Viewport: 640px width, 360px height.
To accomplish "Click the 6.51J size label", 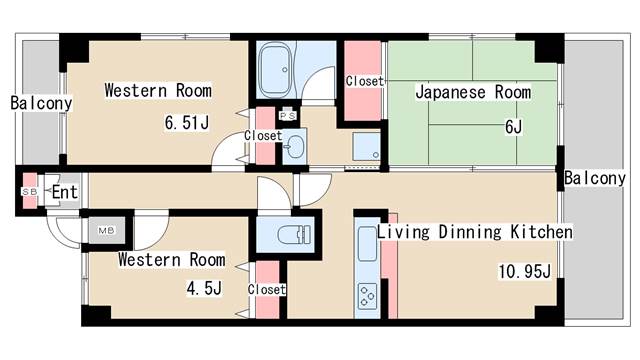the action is point(187,122).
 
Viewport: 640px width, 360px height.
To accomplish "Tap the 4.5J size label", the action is point(204,288).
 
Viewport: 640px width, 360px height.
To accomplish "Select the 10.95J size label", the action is point(524,271).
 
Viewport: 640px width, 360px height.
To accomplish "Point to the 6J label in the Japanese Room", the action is point(513,127).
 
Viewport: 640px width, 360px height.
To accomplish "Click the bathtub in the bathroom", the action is point(276,71).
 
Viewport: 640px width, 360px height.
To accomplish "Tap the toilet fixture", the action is point(294,235).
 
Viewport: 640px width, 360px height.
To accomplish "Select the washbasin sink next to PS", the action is point(294,146).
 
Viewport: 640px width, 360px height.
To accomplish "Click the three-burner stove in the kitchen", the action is point(367,296).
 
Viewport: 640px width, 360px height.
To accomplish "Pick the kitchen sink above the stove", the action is point(367,244).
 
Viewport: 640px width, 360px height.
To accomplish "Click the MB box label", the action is point(106,231).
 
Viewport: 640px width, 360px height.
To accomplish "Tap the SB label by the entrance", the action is point(29,191).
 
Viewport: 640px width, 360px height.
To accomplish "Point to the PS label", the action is point(288,116).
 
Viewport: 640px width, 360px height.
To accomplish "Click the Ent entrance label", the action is point(64,192).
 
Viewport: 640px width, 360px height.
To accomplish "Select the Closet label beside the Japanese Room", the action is point(364,81).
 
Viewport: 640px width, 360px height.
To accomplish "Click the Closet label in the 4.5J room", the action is point(267,289).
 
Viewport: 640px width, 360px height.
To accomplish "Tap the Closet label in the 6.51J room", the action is point(263,136).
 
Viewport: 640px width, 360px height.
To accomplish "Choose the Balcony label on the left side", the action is point(41,103).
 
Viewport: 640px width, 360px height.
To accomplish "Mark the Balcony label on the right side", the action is point(595,178).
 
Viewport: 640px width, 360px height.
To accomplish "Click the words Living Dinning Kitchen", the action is point(474,232).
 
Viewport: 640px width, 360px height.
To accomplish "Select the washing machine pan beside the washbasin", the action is point(366,146).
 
